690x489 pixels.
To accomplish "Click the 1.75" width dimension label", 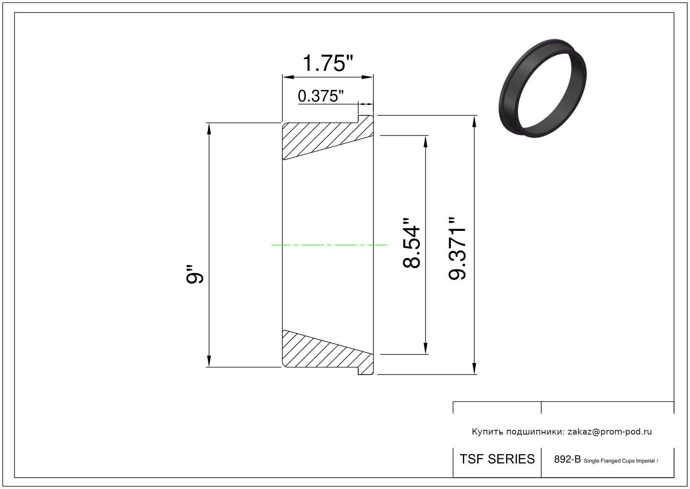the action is point(328,63).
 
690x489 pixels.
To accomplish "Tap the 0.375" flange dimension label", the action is point(320,96).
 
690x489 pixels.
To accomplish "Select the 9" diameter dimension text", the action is point(195,274).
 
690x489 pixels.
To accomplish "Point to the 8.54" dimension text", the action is point(411,243).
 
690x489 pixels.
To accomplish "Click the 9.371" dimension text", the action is point(457,248).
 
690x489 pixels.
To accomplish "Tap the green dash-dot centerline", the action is point(329,245).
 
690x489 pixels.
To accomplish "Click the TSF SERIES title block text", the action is point(497,459).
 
